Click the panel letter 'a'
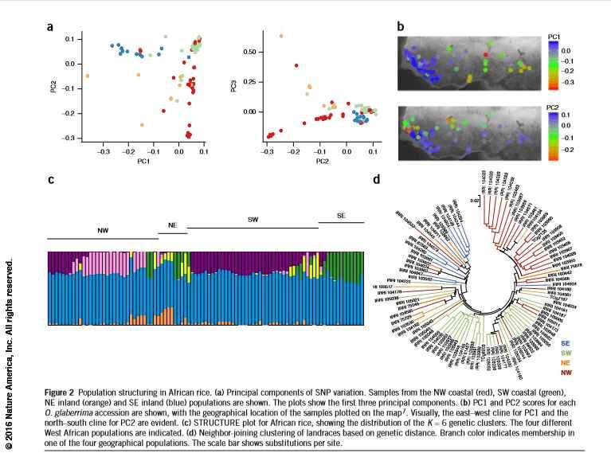coord(50,26)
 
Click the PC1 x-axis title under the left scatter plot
coord(143,162)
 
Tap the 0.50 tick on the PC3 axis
coord(252,52)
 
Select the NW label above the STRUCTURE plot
coord(103,230)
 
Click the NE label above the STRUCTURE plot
coord(171,225)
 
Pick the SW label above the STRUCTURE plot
coord(253,218)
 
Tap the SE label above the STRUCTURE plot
coord(341,215)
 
